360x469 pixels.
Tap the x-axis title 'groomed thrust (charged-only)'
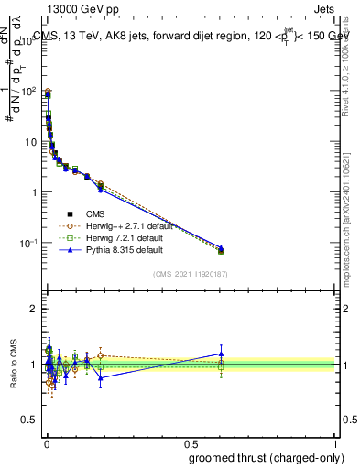pos(261,457)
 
